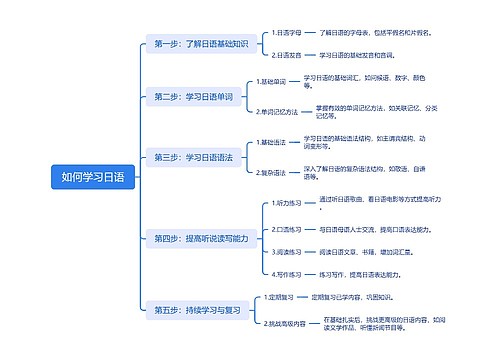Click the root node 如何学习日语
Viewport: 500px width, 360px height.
click(x=93, y=177)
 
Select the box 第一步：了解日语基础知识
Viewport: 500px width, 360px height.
click(x=201, y=44)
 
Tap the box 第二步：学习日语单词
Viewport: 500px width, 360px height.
click(x=194, y=97)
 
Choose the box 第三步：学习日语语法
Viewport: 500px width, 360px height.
click(x=194, y=157)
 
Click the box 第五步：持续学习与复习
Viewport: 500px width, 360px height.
click(x=198, y=310)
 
